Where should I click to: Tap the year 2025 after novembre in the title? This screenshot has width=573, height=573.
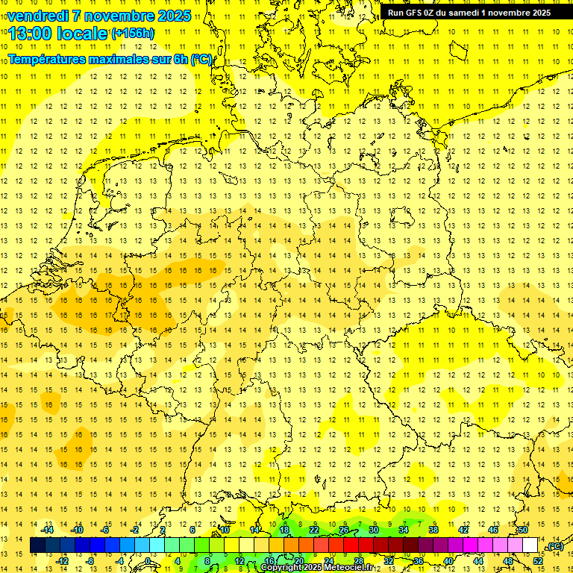pos(171,16)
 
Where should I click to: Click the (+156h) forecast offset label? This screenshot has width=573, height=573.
pos(133,34)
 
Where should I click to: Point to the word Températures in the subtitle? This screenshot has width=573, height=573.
pos(48,59)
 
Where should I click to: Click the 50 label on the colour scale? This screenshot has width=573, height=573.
pos(523,530)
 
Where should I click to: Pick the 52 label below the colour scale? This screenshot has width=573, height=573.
pos(538,560)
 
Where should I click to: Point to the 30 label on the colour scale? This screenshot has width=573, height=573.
pos(374,530)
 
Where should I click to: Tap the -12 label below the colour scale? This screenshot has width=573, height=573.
pos(63,560)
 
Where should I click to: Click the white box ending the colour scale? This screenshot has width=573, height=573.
pos(530,545)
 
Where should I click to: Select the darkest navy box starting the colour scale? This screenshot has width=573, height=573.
pos(37,545)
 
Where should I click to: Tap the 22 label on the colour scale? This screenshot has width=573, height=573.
pos(314,530)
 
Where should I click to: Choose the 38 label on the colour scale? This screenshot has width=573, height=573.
pos(433,530)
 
